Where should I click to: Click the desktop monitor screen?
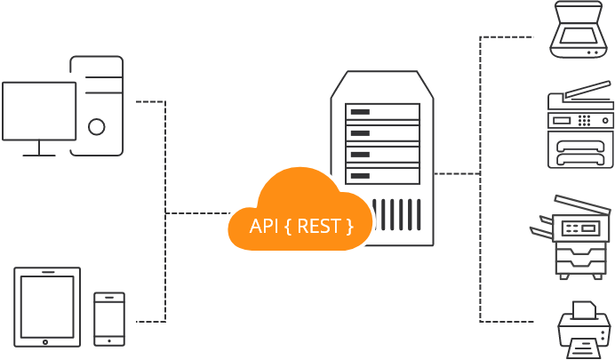tap(39, 110)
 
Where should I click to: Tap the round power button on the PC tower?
tap(97, 128)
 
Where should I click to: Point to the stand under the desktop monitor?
tap(39, 149)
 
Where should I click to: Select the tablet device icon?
tap(47, 307)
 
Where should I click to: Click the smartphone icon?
tap(109, 318)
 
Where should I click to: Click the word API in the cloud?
tap(265, 226)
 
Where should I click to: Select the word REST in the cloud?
tap(318, 226)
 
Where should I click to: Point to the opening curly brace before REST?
tap(289, 226)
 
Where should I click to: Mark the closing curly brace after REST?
tap(348, 226)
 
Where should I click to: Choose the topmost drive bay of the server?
tap(382, 113)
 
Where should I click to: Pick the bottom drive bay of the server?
tap(382, 176)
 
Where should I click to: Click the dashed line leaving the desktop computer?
tap(151, 102)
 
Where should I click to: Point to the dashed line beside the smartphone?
tap(151, 321)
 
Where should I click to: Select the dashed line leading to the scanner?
tap(507, 37)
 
